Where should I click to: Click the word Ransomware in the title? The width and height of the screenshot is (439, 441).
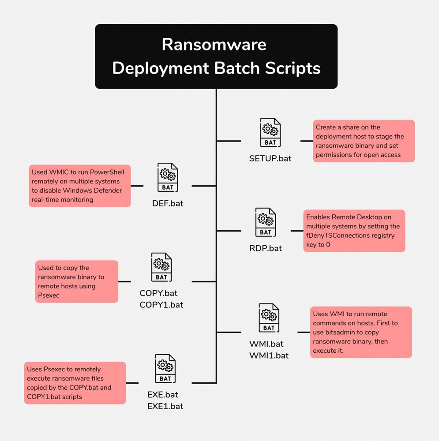point(214,45)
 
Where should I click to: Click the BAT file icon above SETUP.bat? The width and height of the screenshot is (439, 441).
point(270,132)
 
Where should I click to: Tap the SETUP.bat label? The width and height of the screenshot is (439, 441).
point(270,158)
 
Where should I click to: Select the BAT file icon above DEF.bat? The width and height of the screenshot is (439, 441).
point(168,177)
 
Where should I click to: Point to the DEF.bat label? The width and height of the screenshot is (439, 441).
point(168,203)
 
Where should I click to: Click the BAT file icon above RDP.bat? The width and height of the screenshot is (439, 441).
point(266,222)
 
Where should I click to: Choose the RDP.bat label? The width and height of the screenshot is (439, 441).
point(266,248)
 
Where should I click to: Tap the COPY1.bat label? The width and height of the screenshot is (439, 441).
point(161,305)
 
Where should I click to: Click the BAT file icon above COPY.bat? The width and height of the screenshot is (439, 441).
point(161,267)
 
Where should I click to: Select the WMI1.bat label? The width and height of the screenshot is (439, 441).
point(269,355)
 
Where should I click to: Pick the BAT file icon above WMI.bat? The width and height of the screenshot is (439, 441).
point(269,318)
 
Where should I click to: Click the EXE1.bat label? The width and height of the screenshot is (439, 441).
point(165,406)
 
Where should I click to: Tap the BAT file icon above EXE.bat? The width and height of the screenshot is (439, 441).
point(165,369)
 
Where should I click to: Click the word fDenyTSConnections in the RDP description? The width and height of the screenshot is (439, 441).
point(337,235)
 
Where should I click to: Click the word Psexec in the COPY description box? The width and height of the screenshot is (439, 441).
point(49,295)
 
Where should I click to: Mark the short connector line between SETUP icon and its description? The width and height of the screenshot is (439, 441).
point(307,141)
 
